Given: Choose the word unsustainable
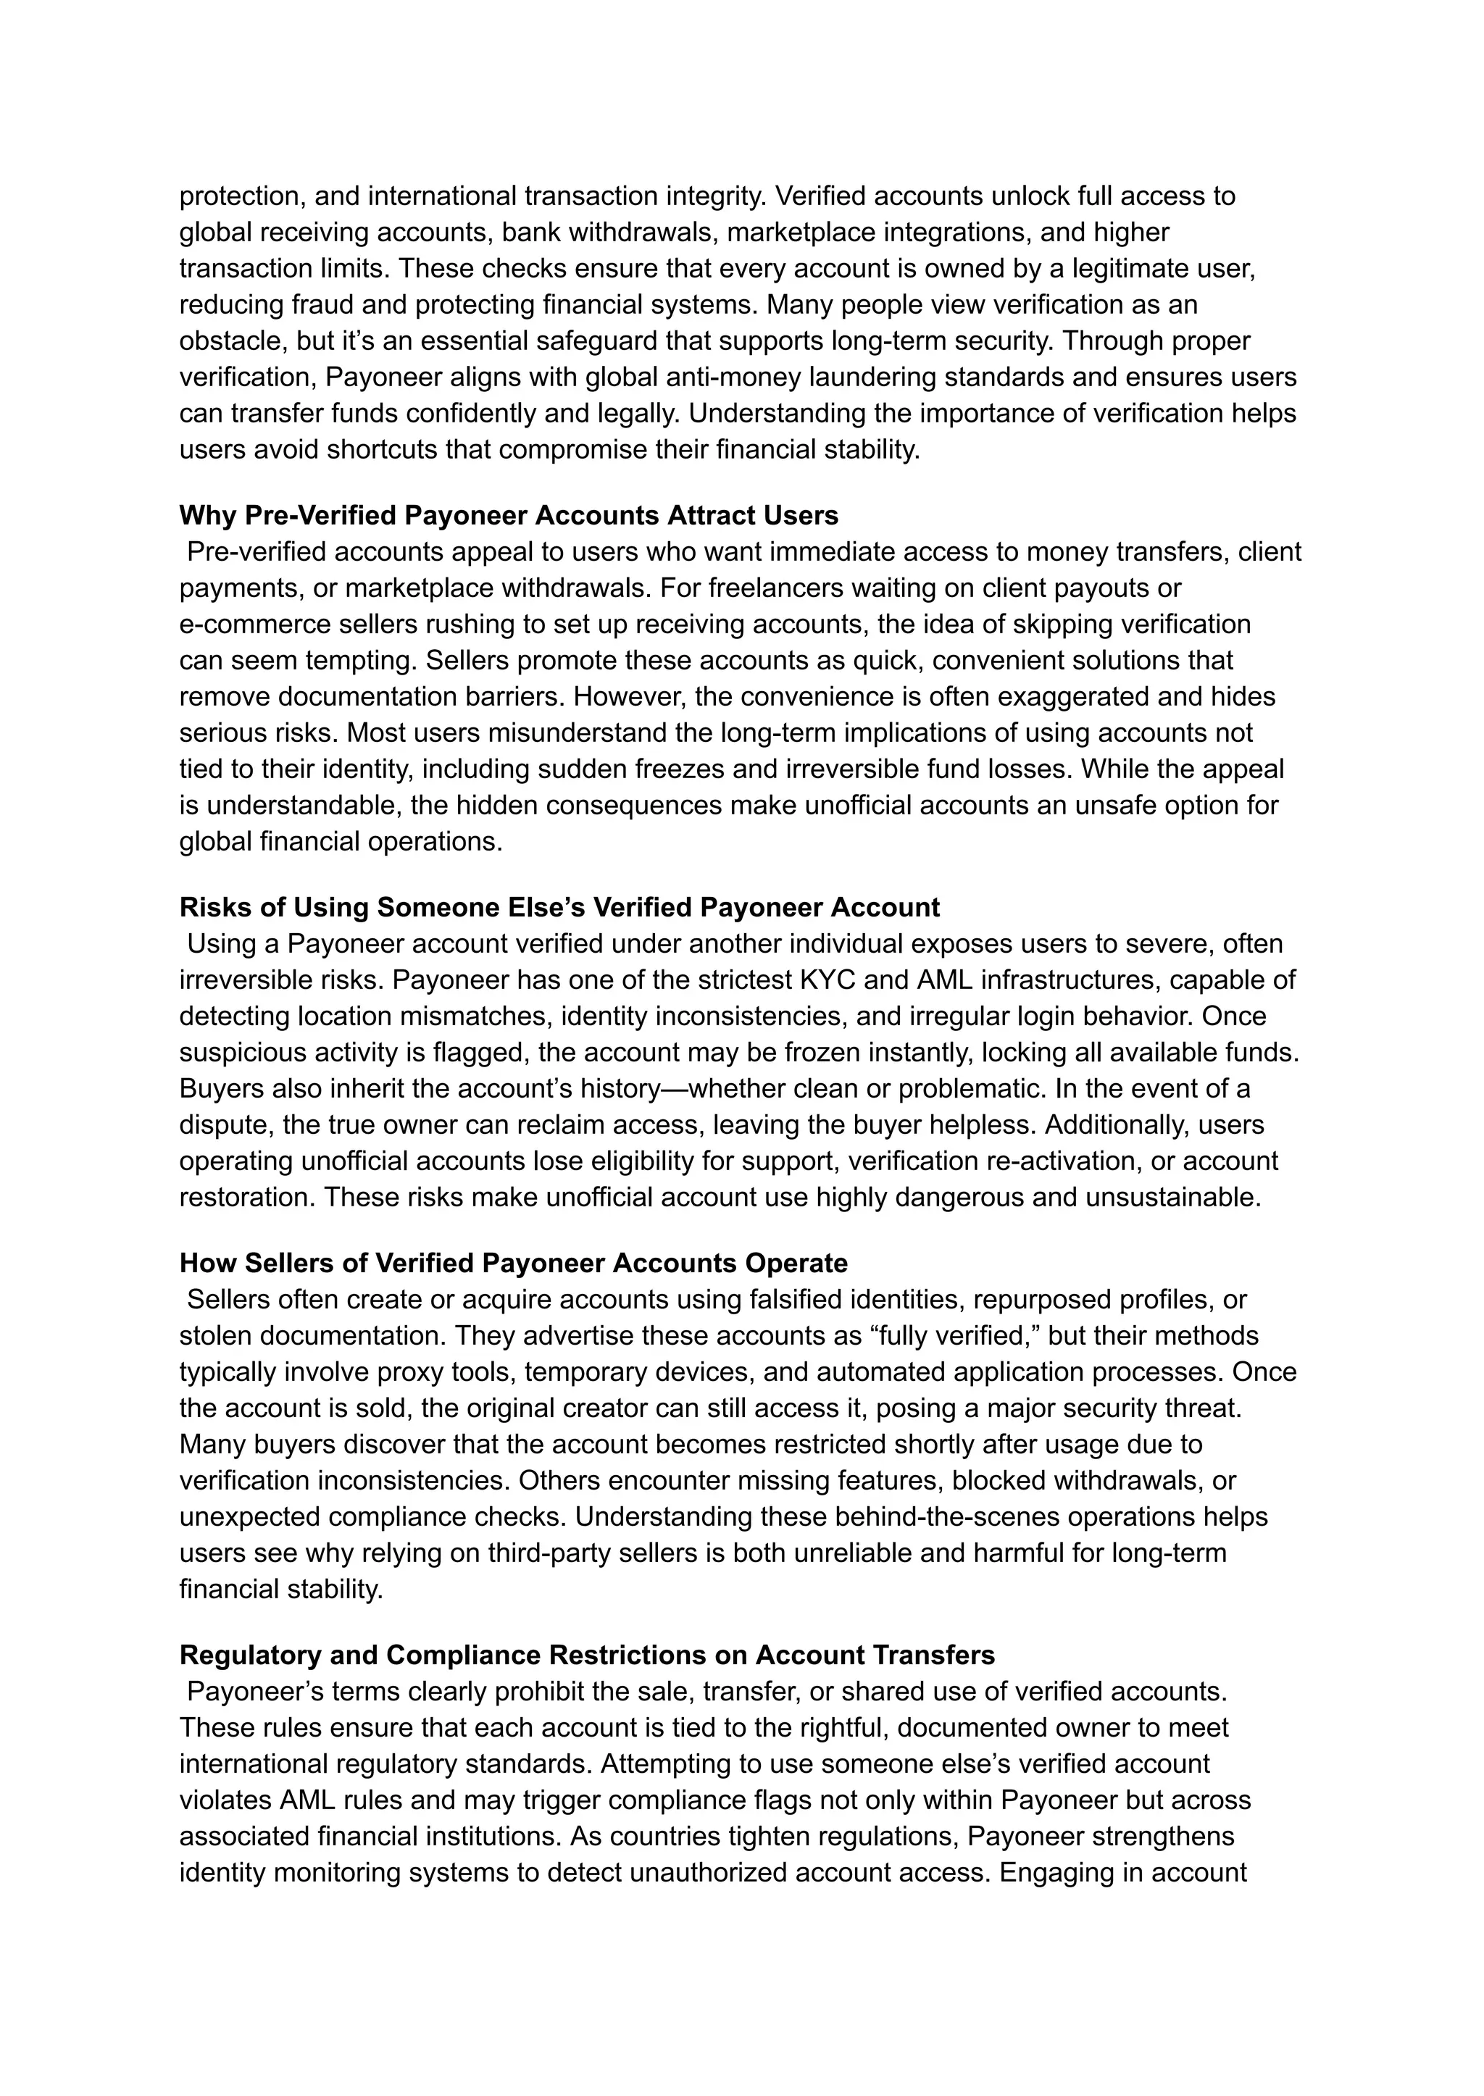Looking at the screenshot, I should (1172, 1198).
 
